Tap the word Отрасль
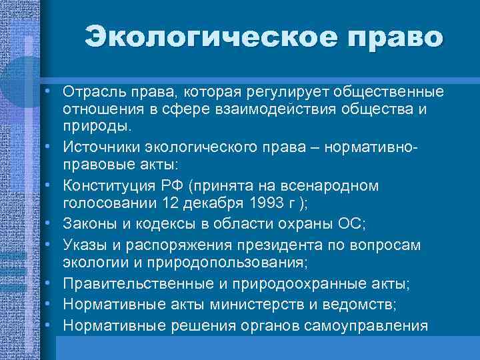coord(93,90)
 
